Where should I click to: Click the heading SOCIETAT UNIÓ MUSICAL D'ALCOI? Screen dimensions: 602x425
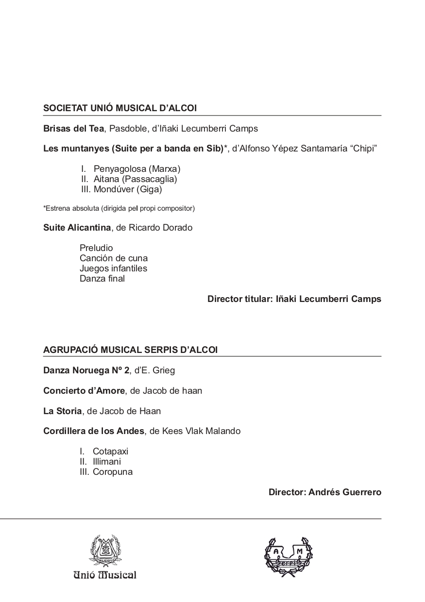coord(120,108)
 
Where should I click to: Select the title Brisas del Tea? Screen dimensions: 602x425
coord(73,129)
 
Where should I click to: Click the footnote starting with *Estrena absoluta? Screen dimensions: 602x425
coord(119,209)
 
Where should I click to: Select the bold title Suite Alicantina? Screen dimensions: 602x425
coord(77,228)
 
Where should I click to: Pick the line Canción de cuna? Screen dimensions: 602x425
coord(114,258)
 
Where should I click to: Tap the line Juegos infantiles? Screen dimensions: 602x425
coord(113,268)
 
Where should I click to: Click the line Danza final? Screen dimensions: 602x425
coord(102,279)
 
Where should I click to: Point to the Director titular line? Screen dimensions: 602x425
coord(294,299)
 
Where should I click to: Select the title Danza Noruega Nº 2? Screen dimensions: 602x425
coord(86,370)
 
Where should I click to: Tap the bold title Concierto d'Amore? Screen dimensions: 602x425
coord(84,391)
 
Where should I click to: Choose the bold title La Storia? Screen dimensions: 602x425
coord(63,411)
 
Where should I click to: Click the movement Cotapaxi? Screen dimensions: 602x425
coord(110,451)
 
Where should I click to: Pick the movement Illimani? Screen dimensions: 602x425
coord(107,462)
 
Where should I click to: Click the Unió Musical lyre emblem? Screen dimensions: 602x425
coord(105,552)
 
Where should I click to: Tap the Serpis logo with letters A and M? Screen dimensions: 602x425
coord(288,556)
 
